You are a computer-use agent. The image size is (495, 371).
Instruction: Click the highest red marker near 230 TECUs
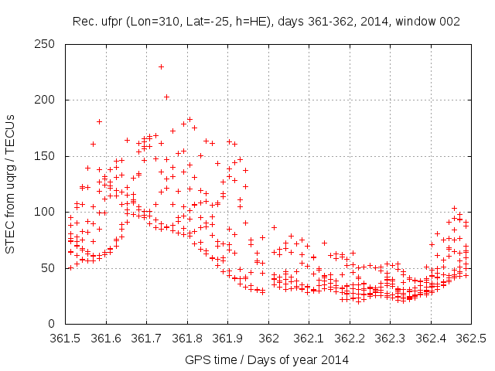[x=161, y=66]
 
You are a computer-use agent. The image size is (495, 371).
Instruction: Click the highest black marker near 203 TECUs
[x=166, y=97]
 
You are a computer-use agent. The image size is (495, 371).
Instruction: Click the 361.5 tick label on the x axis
[x=65, y=338]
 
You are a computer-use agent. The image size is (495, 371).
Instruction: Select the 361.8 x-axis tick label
[x=187, y=338]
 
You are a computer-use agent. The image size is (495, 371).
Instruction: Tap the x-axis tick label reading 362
[x=268, y=338]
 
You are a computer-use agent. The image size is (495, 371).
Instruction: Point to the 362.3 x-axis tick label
[x=391, y=338]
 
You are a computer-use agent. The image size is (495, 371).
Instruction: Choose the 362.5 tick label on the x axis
[x=472, y=338]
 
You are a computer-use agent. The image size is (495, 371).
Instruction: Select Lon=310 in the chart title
[x=157, y=22]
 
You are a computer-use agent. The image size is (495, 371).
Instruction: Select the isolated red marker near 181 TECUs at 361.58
[x=99, y=121]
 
